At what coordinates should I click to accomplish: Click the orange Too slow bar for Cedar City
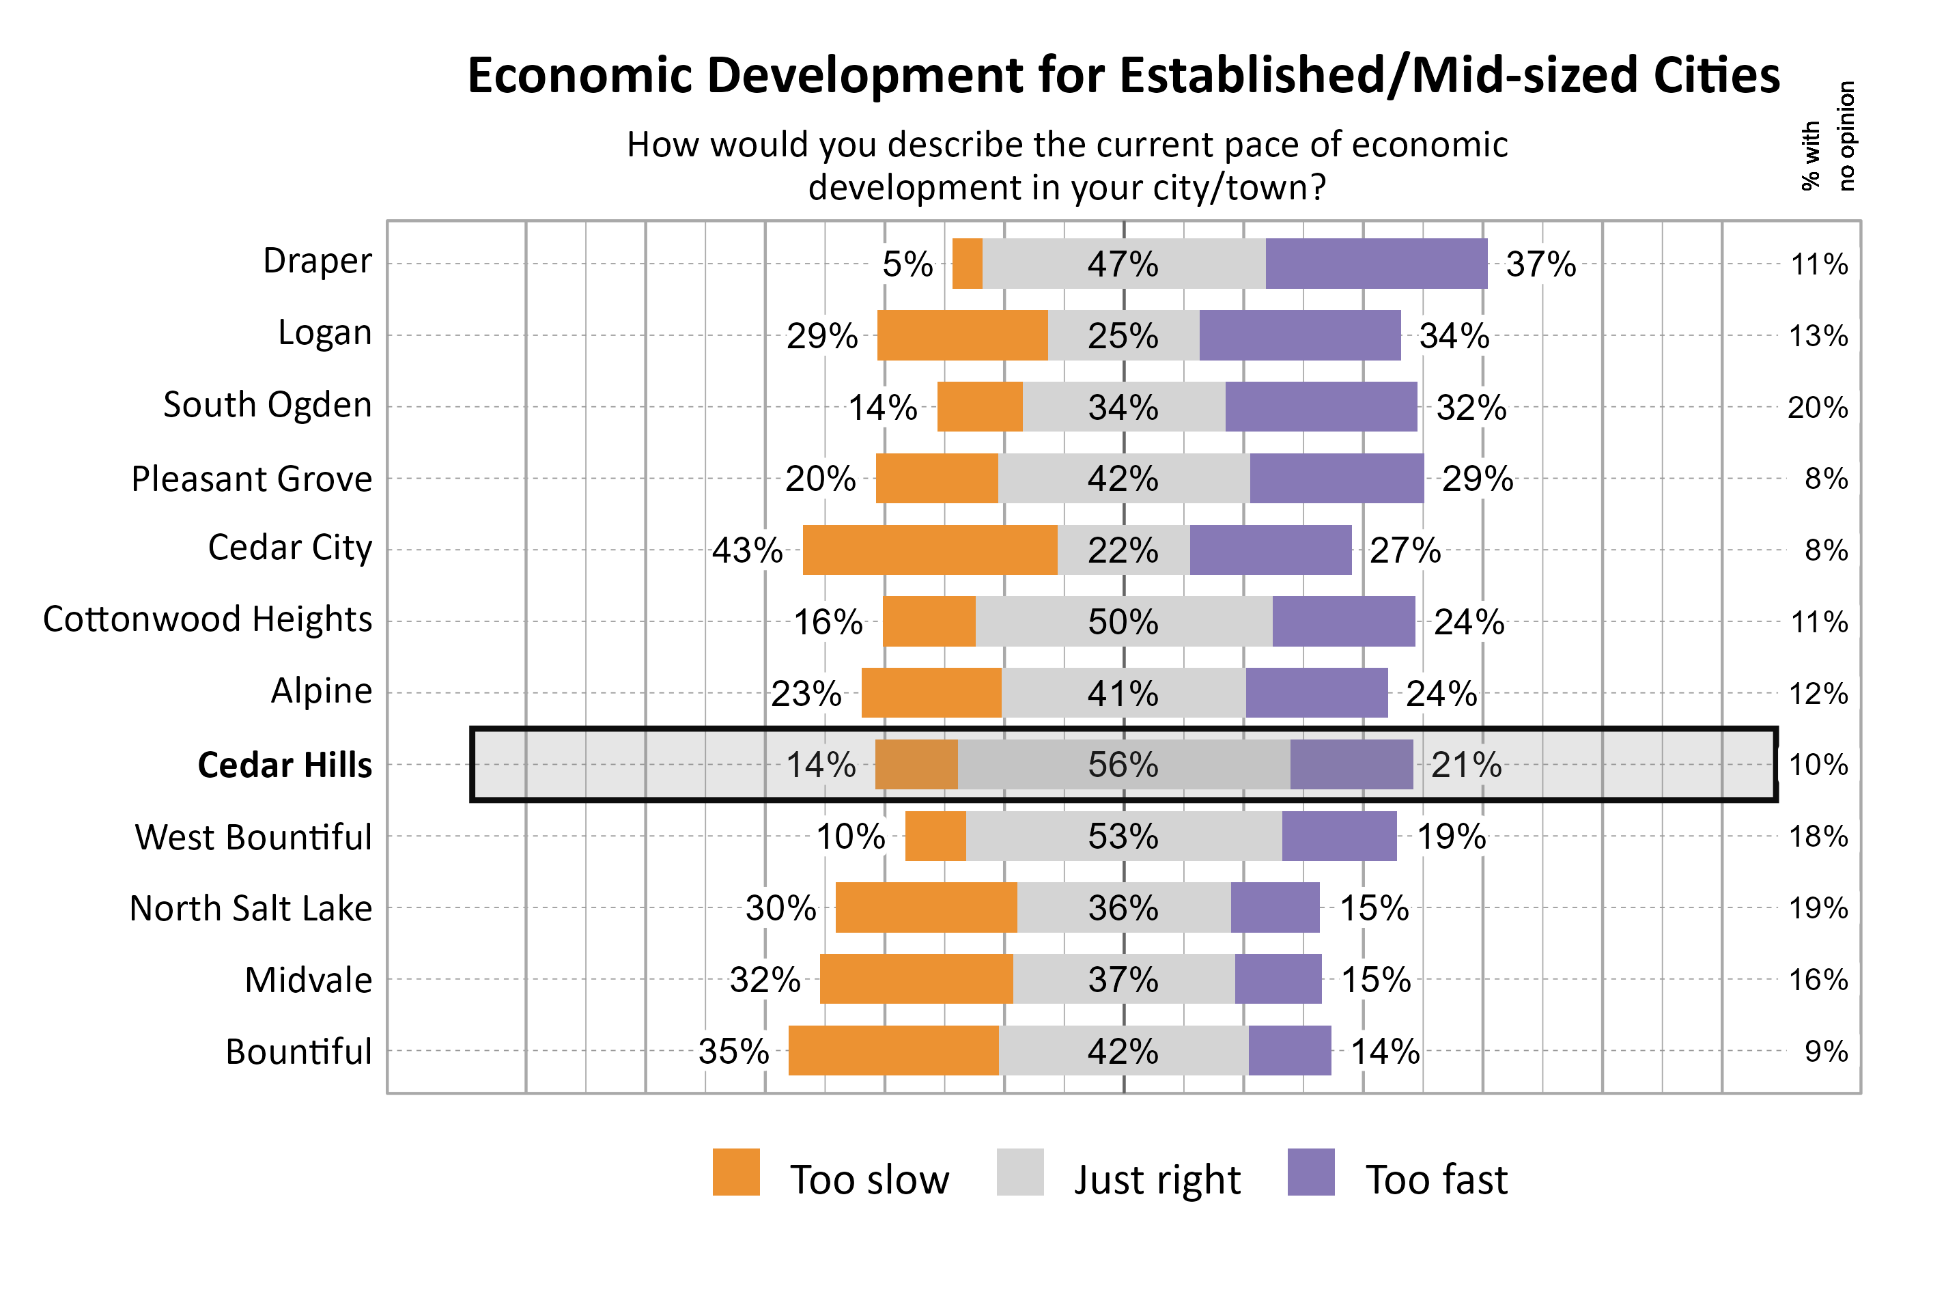(929, 550)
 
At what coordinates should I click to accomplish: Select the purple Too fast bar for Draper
(1376, 264)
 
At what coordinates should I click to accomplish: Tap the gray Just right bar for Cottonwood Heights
(1123, 621)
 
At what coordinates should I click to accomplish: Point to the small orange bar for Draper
(966, 264)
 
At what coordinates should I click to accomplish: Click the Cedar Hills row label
(284, 765)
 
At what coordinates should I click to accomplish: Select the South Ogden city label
(267, 405)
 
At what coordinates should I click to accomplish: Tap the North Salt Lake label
(251, 908)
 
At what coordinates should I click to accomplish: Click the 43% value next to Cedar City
(746, 551)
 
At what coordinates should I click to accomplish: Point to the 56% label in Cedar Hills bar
(1123, 765)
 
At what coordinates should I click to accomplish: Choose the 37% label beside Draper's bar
(1540, 264)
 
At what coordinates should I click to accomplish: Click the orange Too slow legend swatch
(735, 1172)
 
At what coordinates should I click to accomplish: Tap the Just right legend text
(1156, 1180)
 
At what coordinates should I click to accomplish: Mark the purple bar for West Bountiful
(1338, 836)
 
